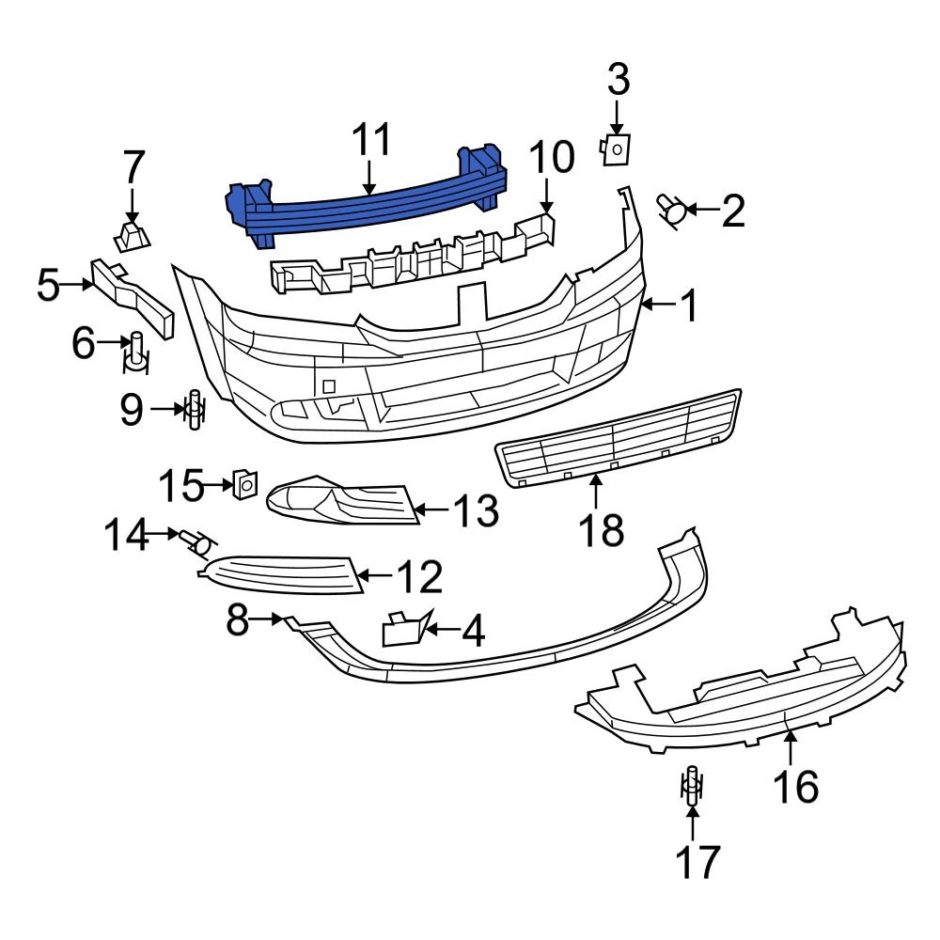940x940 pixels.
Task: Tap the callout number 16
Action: coord(795,785)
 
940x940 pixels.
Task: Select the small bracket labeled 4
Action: coord(401,629)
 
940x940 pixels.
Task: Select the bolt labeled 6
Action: coord(136,351)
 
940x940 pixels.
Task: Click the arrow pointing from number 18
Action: coord(596,493)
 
